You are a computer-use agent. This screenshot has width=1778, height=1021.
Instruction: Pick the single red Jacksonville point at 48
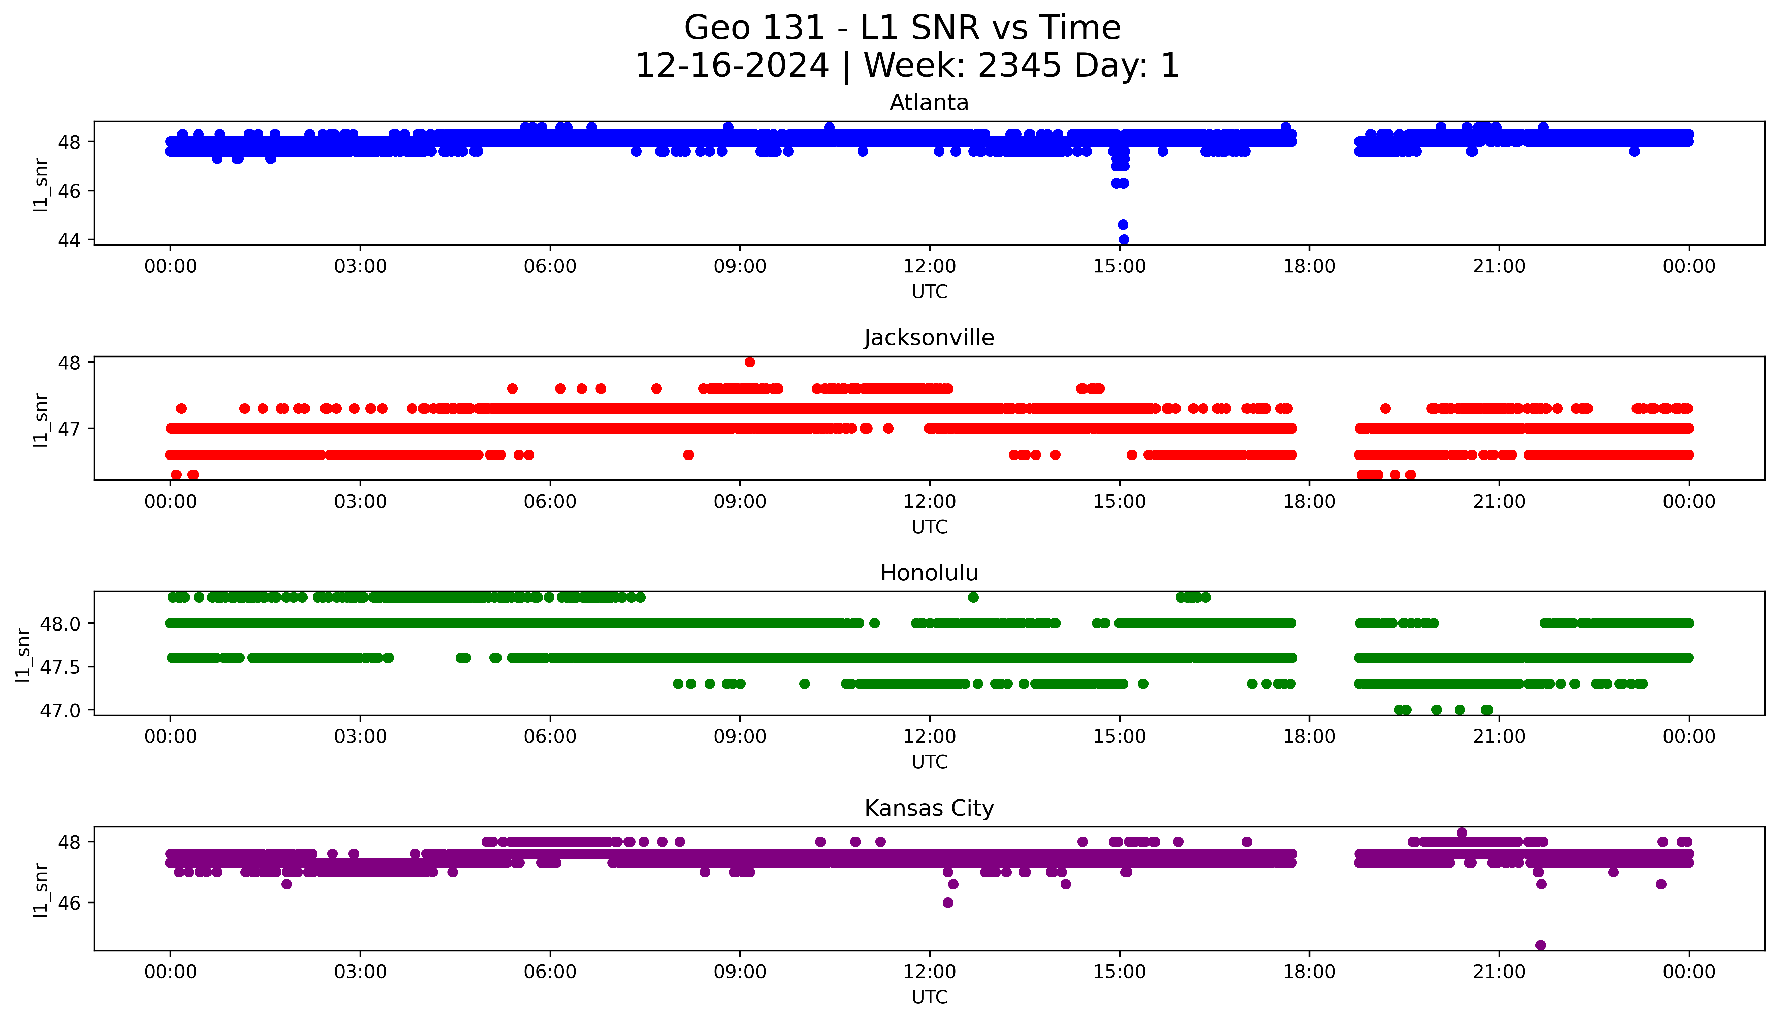click(750, 362)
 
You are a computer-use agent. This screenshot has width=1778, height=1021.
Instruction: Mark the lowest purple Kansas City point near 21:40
click(1540, 945)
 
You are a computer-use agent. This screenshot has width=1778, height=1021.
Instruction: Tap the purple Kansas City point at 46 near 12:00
click(947, 903)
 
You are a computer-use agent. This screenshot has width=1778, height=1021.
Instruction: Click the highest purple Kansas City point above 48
click(1462, 832)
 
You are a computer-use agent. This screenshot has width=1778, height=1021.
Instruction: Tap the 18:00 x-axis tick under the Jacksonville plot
click(1310, 501)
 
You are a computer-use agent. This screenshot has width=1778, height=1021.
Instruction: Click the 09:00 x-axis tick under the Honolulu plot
click(740, 736)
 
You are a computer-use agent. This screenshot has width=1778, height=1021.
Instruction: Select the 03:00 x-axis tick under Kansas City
click(360, 972)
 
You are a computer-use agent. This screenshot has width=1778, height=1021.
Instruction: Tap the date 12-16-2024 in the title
click(732, 66)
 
